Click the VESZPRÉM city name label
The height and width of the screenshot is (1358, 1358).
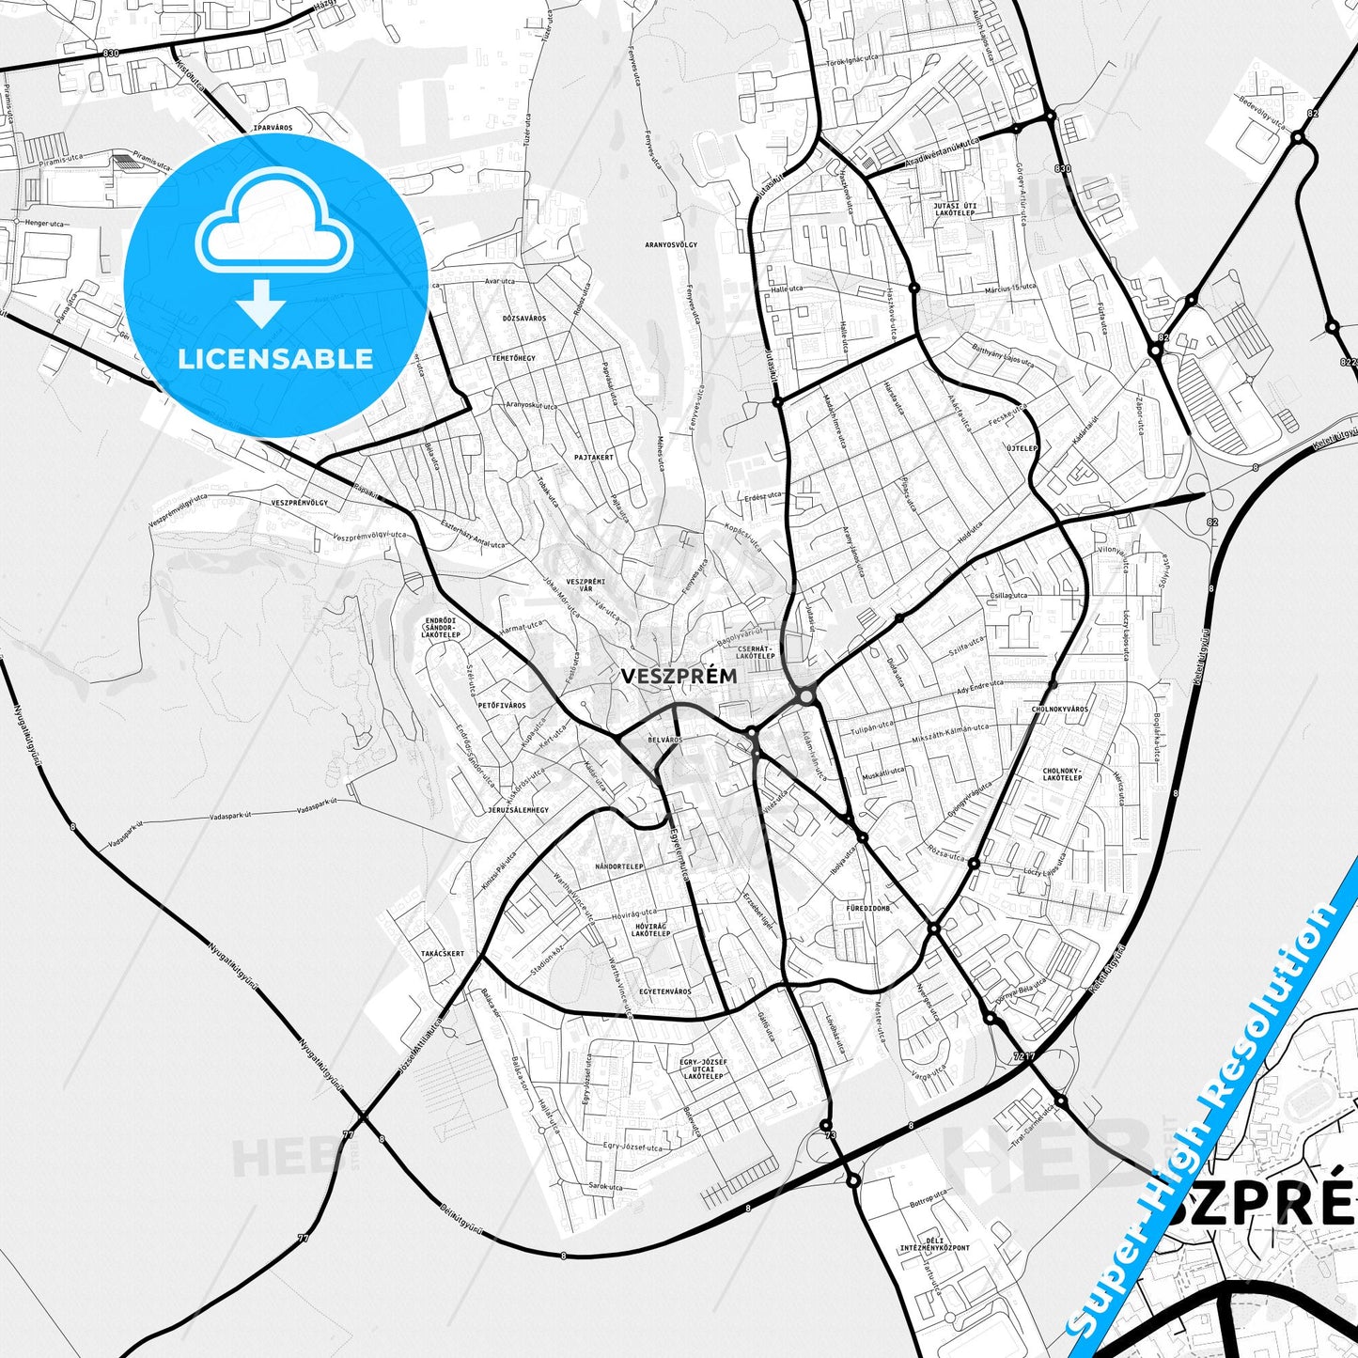679,676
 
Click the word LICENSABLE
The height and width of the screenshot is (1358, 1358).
275,358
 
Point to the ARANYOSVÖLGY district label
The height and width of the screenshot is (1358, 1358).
671,244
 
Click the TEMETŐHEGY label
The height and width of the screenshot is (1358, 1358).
513,358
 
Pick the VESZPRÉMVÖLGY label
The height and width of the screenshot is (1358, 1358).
299,503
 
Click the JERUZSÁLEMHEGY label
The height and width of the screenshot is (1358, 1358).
518,809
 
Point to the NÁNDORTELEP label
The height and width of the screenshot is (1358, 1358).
619,866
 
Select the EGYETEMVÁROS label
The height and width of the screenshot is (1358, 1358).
664,991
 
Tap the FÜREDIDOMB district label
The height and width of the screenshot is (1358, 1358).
867,908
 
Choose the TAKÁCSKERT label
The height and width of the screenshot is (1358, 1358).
442,953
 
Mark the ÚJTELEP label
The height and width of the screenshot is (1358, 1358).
1022,448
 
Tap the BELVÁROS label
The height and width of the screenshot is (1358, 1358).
664,740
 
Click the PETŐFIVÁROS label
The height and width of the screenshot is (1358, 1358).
502,705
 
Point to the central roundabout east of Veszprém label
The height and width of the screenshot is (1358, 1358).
804,696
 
